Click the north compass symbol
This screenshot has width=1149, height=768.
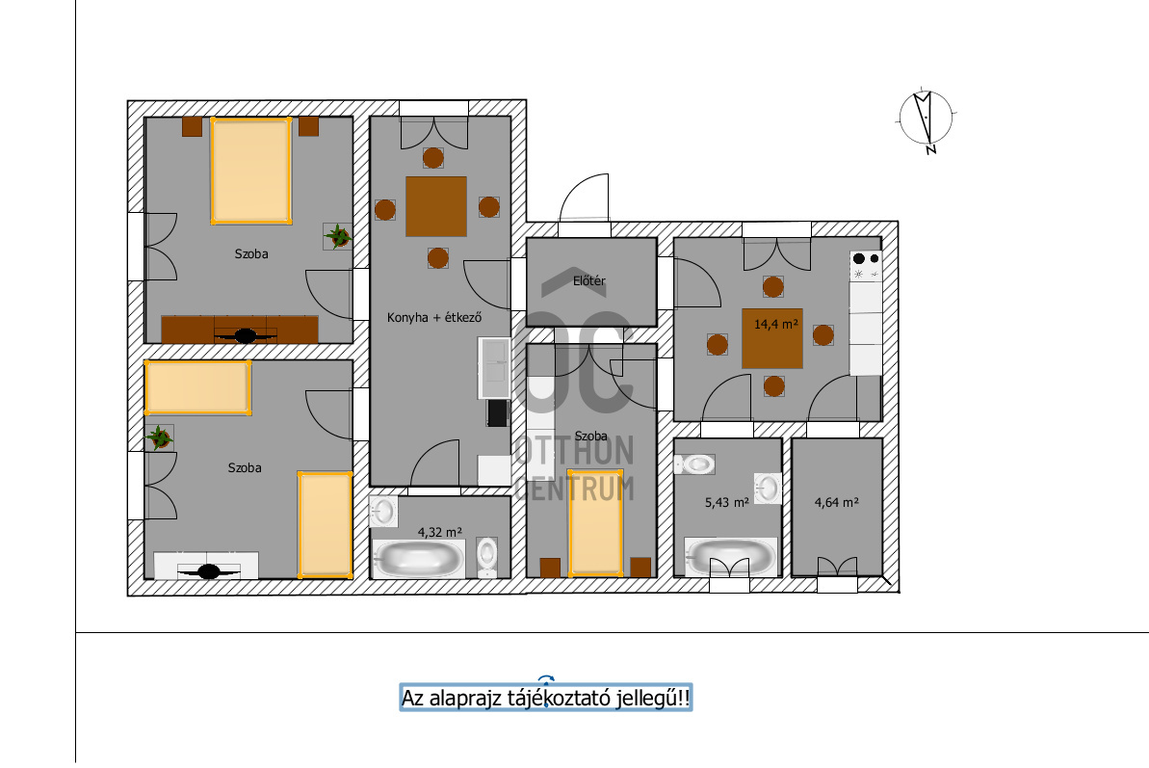click(927, 119)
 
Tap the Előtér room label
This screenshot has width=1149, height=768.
click(589, 280)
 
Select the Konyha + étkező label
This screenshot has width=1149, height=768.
click(434, 317)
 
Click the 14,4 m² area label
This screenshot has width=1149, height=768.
click(776, 323)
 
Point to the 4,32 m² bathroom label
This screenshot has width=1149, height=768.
click(440, 532)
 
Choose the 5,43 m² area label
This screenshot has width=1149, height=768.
click(727, 503)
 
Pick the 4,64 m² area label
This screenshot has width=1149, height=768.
click(836, 503)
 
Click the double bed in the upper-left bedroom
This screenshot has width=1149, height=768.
click(251, 170)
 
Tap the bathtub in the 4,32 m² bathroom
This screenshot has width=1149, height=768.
click(418, 559)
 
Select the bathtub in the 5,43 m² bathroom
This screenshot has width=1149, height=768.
click(731, 557)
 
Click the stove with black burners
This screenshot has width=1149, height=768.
click(866, 266)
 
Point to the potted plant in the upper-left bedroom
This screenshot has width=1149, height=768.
click(338, 237)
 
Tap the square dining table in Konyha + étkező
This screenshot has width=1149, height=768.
click(436, 206)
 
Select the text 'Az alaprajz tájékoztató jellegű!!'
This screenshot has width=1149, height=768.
click(545, 698)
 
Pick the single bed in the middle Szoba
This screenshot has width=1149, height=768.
click(595, 521)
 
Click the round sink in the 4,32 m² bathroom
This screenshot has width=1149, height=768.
click(383, 512)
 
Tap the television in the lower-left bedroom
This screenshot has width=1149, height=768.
click(209, 570)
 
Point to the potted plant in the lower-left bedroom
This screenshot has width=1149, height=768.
click(159, 438)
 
